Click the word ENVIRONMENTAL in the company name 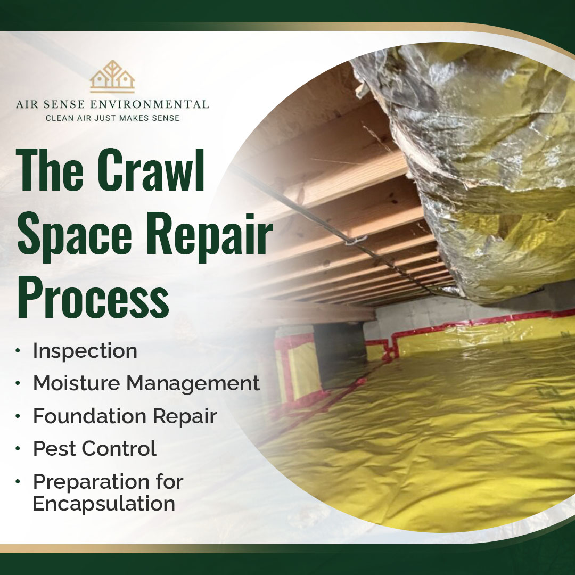(149, 104)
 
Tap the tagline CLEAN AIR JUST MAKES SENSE (112, 118)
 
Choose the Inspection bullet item (85, 351)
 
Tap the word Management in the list (193, 384)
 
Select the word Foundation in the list (90, 416)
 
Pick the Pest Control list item (95, 448)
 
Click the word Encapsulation (104, 504)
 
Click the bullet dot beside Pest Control (18, 449)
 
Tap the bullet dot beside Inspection (18, 351)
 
